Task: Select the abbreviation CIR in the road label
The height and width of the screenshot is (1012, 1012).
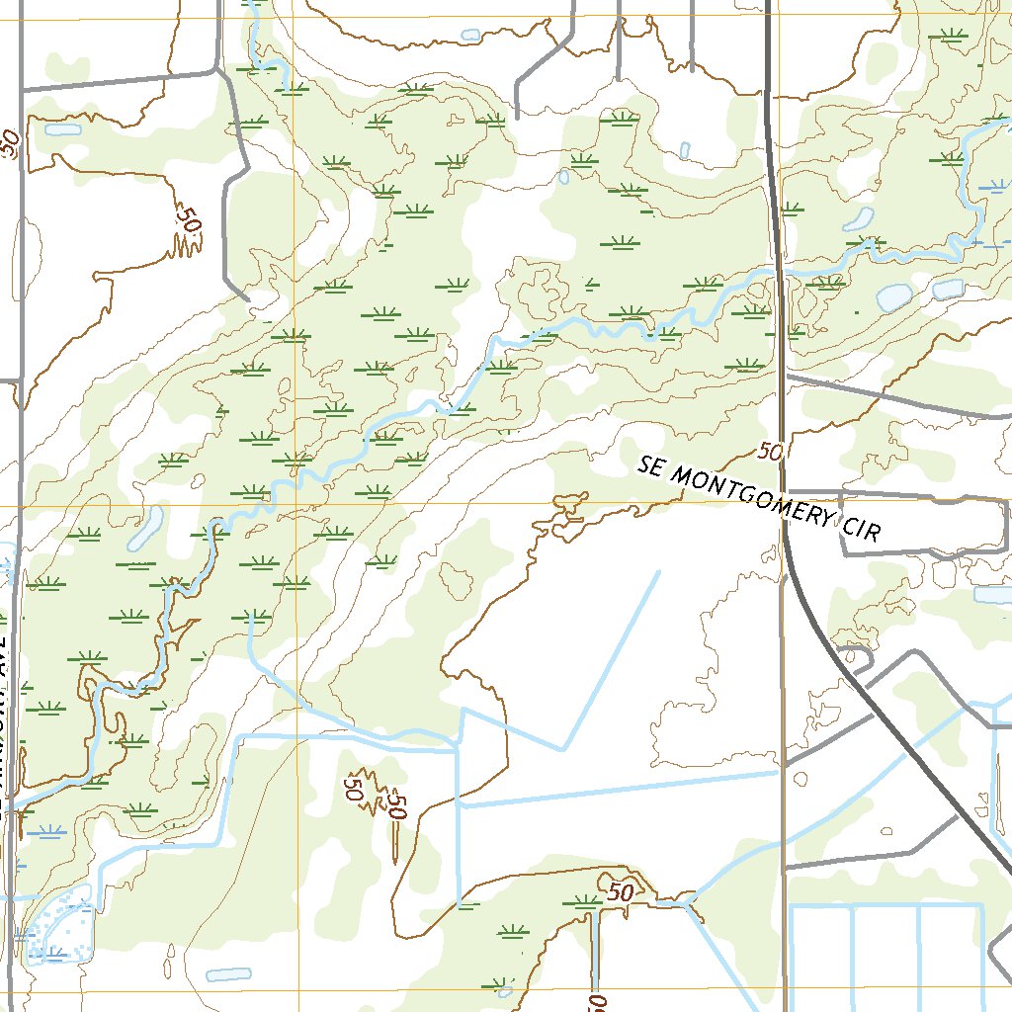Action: pos(860,527)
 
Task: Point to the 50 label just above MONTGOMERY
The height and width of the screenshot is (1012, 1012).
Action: pos(771,452)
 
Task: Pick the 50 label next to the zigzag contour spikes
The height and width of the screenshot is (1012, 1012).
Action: pos(186,219)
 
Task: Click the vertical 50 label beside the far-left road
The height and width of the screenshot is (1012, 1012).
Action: pos(10,143)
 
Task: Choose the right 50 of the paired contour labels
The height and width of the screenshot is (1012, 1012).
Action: pos(397,804)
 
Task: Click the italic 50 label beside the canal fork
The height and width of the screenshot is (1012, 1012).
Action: pos(620,891)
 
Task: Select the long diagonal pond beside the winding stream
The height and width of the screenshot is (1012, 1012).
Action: pos(145,528)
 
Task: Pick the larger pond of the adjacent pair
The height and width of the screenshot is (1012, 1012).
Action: pos(894,296)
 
